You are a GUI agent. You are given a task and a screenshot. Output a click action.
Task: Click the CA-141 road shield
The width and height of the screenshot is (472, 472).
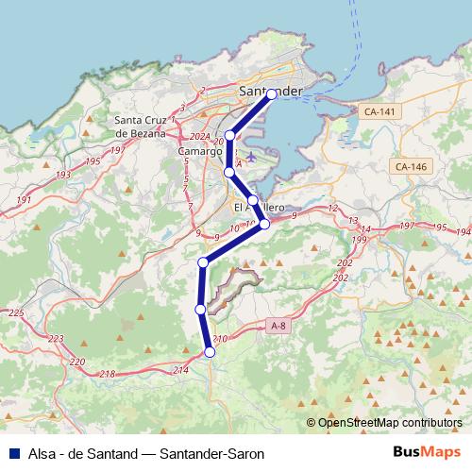(379, 111)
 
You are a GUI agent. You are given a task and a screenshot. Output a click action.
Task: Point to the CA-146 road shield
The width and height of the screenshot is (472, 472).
(412, 166)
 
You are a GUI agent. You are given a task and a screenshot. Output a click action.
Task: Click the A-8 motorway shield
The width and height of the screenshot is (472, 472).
(278, 326)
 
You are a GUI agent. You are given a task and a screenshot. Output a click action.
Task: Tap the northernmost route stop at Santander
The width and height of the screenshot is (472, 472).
(272, 94)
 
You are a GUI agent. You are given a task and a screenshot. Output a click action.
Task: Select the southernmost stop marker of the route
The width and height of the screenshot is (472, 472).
(210, 352)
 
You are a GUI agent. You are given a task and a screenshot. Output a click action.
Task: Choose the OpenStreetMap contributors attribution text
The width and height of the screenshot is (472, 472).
(389, 423)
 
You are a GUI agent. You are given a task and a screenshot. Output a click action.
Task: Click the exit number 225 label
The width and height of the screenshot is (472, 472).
(15, 312)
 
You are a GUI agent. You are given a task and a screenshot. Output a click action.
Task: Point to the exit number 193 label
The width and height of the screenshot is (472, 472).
(63, 175)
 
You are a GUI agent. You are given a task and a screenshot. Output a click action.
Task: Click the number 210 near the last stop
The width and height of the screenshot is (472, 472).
(221, 340)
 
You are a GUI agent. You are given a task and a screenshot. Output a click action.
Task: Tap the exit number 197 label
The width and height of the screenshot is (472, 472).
(407, 227)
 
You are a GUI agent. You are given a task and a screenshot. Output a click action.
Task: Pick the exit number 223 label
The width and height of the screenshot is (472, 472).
(56, 339)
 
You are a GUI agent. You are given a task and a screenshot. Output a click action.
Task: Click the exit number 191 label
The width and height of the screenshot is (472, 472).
(24, 200)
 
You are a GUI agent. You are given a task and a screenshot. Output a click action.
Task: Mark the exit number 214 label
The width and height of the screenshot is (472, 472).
(181, 368)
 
